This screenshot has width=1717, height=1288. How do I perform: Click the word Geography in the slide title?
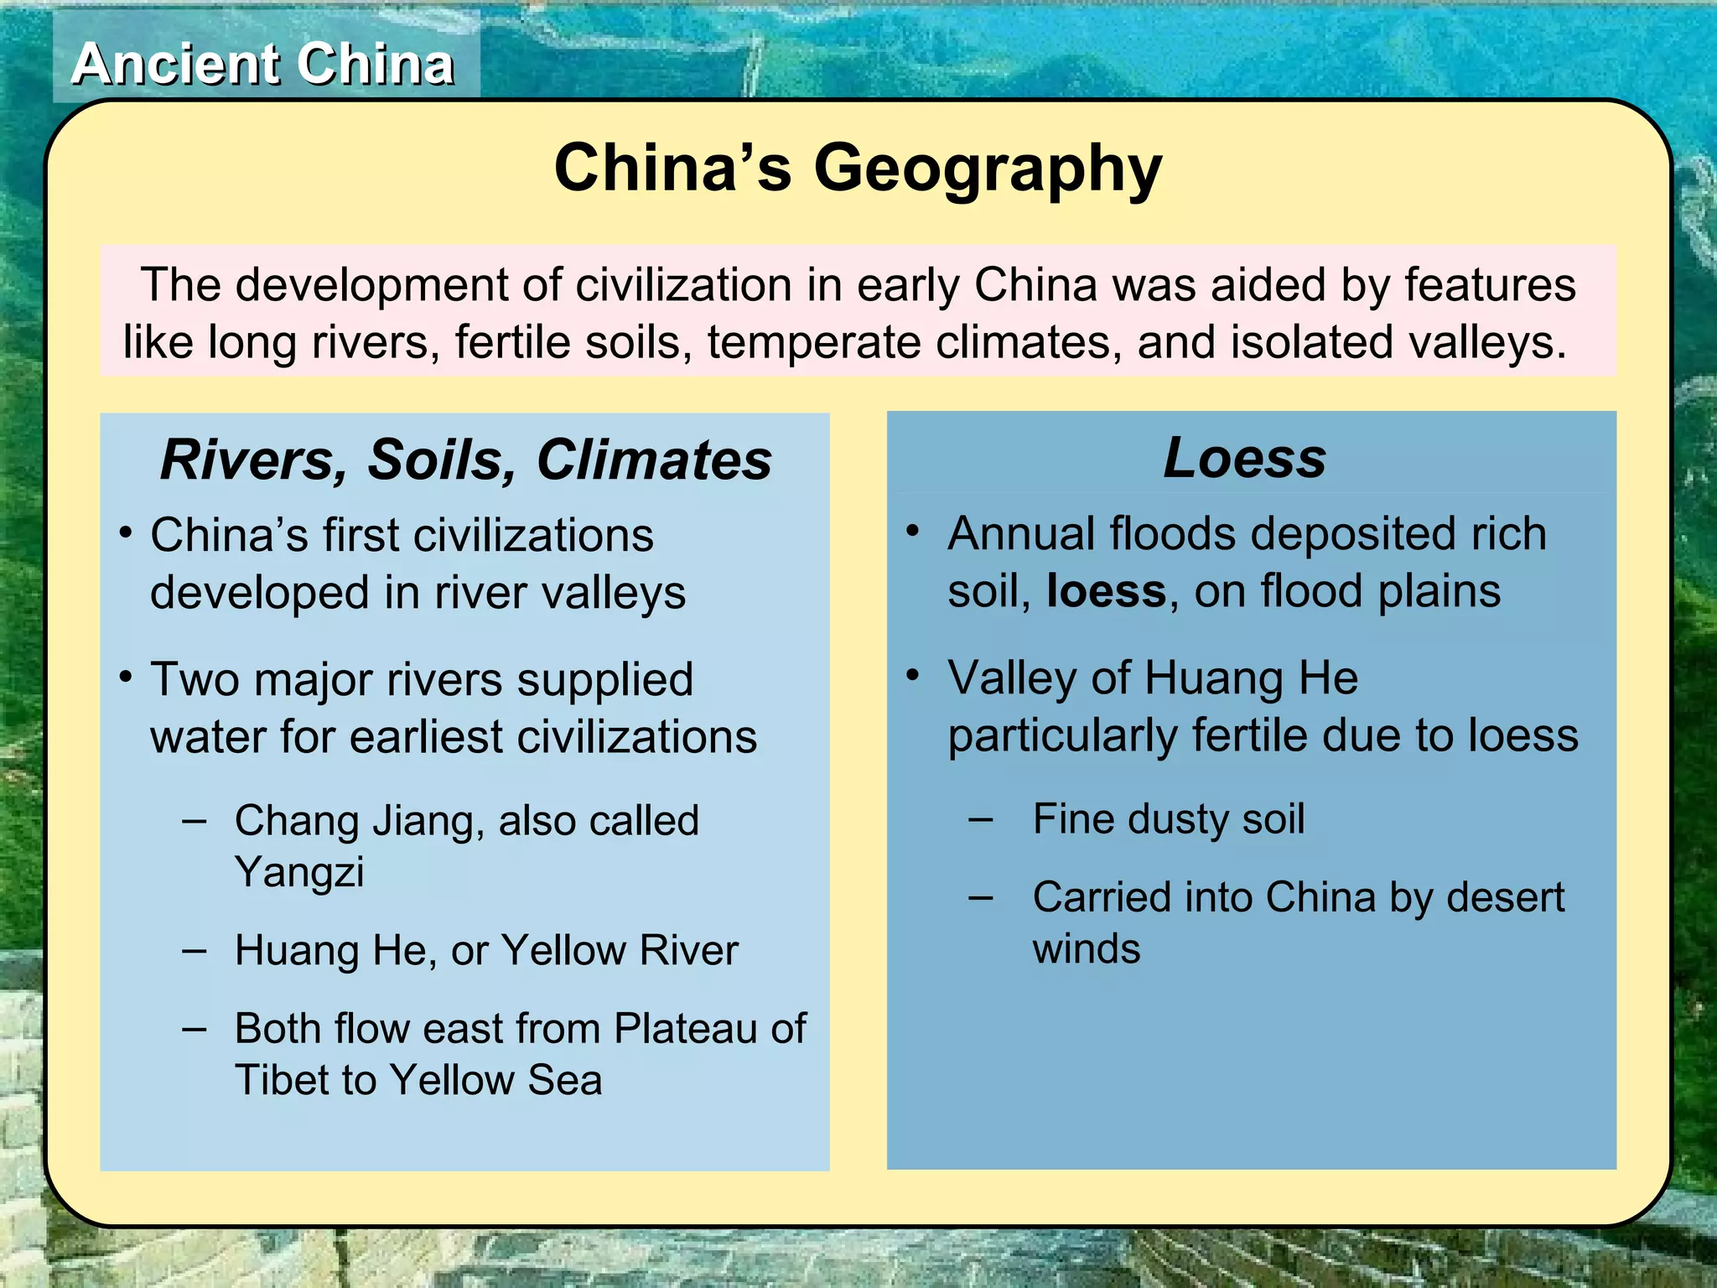(x=988, y=169)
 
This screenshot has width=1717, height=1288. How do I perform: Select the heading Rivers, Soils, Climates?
(x=465, y=460)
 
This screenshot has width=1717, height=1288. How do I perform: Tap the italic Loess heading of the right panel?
(x=1245, y=458)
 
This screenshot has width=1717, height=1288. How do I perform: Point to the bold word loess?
(x=1106, y=591)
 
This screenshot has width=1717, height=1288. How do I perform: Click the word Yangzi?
(x=299, y=872)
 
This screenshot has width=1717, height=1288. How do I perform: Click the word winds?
(x=1087, y=949)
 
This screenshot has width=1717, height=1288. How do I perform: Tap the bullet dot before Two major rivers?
(x=126, y=677)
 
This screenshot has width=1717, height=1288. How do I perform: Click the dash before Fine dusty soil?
(x=981, y=819)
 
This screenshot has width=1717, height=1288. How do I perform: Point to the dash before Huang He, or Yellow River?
(x=195, y=951)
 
